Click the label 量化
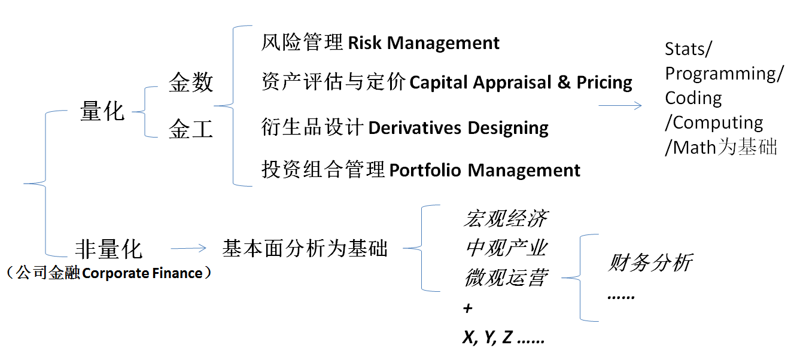coord(102,111)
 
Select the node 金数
coord(191,82)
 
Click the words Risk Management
coord(424,43)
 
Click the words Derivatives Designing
coord(458,128)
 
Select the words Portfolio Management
coord(485,170)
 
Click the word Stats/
coord(688,49)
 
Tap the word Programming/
coord(724,74)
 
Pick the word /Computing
coord(714,123)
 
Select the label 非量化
coord(109,248)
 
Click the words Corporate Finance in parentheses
coord(142,273)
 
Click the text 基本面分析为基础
coord(305,248)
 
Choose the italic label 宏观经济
coord(504,219)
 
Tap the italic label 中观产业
coord(504,248)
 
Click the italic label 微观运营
coord(504,277)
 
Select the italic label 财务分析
coord(650,263)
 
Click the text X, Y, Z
coord(488,338)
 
